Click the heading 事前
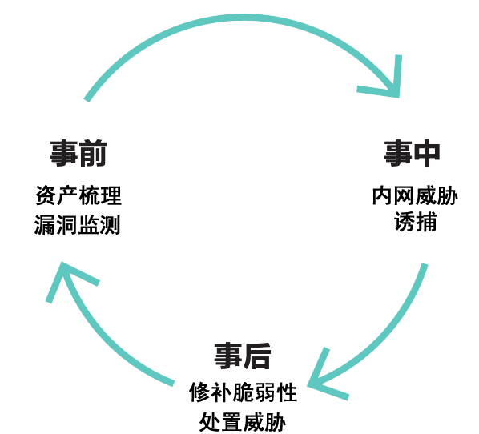tap(78, 153)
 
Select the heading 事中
tap(412, 153)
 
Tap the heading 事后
tap(243, 356)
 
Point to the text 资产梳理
tap(78, 195)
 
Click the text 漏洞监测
tap(77, 225)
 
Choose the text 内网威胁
tap(415, 195)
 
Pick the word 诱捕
tap(415, 222)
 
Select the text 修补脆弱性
tap(244, 392)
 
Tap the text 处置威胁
tap(243, 422)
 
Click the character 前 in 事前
tap(93, 153)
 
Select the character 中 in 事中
tap(427, 153)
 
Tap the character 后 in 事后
tap(257, 356)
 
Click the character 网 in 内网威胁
tap(405, 195)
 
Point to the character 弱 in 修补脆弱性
tap(265, 392)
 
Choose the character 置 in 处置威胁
tap(231, 422)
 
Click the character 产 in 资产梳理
tap(68, 195)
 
